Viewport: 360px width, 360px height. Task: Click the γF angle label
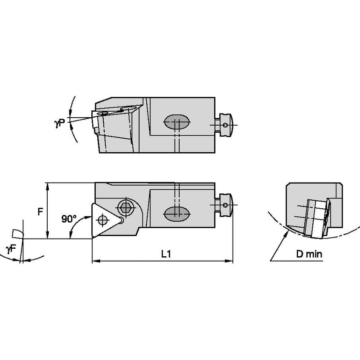pos(11,248)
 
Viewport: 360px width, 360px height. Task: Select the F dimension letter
pos(40,212)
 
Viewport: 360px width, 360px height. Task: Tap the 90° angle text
pos(69,219)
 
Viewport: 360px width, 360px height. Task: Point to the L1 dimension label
pos(166,254)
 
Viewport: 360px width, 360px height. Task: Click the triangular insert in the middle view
pos(104,219)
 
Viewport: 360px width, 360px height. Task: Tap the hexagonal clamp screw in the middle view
pos(124,207)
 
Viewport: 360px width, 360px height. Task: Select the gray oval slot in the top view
pos(176,123)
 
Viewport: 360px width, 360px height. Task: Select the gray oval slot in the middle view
pos(176,213)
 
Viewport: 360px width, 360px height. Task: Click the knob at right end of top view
pos(226,124)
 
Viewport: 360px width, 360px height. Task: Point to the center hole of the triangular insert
pos(101,219)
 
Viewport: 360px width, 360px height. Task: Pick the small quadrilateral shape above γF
pos(17,233)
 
